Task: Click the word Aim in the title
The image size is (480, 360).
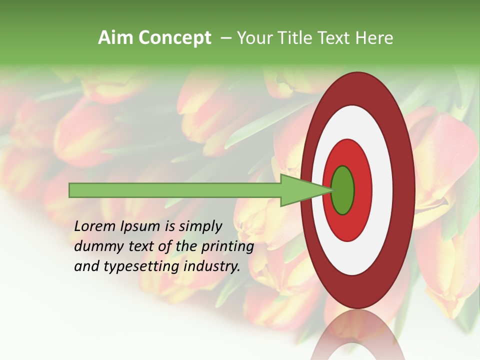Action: [116, 38]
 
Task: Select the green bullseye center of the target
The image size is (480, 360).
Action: [343, 190]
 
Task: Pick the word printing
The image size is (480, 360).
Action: [227, 247]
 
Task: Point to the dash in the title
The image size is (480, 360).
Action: [225, 38]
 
